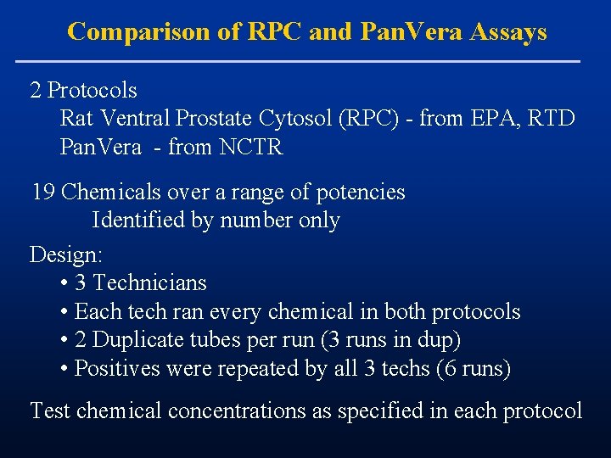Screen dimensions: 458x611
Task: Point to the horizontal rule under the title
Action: [x=305, y=62]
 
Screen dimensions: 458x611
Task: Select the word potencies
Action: [x=360, y=192]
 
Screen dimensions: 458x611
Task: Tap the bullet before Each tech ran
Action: [x=65, y=311]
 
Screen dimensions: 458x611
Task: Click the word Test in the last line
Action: [x=50, y=411]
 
